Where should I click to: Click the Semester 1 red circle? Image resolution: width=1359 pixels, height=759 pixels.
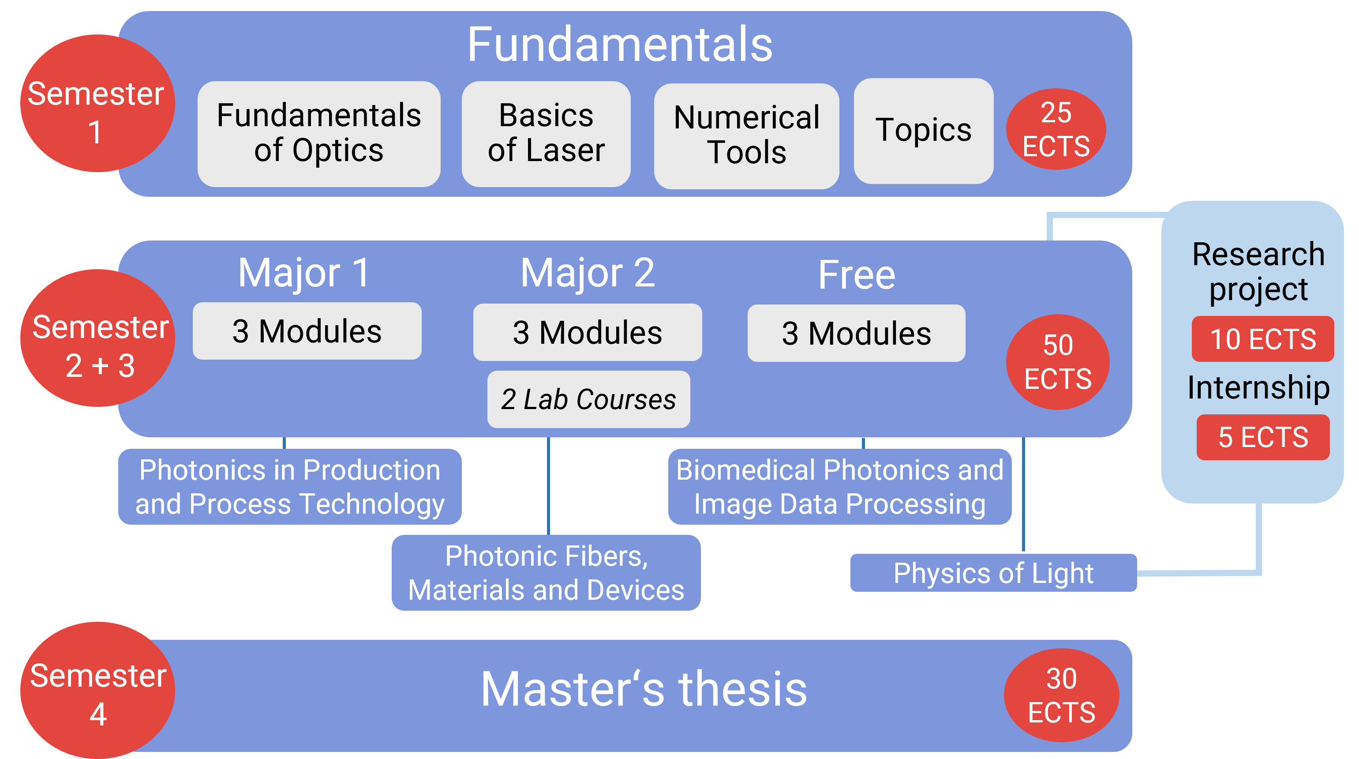click(97, 103)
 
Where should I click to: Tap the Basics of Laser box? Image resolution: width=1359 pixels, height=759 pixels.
click(546, 134)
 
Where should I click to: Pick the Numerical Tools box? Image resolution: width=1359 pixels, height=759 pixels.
click(746, 135)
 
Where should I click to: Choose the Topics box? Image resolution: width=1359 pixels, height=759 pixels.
click(923, 131)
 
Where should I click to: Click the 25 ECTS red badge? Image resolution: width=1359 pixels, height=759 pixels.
click(1056, 129)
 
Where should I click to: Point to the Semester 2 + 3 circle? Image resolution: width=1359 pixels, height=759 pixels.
click(97, 338)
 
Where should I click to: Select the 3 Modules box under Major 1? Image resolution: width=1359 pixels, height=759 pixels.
click(307, 331)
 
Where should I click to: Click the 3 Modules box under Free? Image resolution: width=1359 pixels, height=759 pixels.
click(856, 333)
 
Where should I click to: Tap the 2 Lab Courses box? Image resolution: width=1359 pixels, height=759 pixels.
click(588, 399)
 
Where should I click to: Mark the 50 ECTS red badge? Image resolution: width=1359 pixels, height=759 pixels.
click(1058, 362)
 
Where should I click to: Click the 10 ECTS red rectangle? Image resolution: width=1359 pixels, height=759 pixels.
click(1262, 339)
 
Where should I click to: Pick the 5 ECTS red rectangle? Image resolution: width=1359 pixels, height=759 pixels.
click(1263, 437)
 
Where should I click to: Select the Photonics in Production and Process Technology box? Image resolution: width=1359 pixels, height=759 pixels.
click(290, 487)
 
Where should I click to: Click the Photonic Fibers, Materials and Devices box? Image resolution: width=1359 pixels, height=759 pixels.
click(546, 573)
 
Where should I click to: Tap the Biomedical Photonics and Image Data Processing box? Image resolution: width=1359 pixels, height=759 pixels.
click(840, 487)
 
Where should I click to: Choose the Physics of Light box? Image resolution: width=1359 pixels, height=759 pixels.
click(993, 573)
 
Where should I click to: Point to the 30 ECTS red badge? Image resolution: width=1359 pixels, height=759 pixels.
click(1061, 695)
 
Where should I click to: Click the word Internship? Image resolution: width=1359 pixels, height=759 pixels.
click(1258, 388)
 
